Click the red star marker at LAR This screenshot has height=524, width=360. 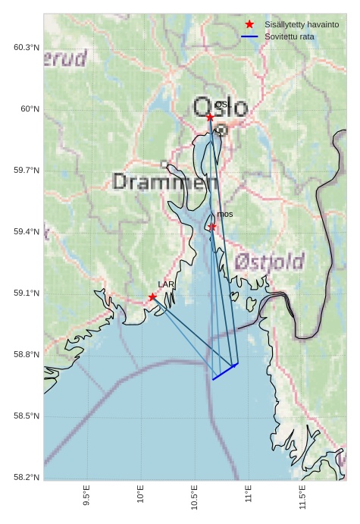[152, 297]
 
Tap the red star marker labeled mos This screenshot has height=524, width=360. [212, 227]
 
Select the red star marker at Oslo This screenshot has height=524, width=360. [210, 117]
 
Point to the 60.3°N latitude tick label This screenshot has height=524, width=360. [27, 47]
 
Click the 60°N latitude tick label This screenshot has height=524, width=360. [30, 108]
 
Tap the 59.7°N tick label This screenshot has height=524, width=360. [27, 170]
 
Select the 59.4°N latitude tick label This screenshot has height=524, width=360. [27, 231]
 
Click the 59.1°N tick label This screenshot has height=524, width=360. [27, 293]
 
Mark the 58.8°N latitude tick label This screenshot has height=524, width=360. [27, 354]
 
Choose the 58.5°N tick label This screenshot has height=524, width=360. [27, 416]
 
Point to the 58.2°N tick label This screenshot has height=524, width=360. [27, 477]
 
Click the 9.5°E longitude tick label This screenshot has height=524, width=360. [87, 497]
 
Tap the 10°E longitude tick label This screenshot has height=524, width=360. [141, 496]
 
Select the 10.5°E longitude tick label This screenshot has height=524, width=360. [195, 498]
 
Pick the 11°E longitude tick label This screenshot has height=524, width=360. [249, 496]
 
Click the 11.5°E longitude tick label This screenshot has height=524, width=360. [302, 498]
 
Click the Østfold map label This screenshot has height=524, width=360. [268, 262]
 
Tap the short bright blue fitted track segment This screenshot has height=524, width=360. [225, 372]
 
